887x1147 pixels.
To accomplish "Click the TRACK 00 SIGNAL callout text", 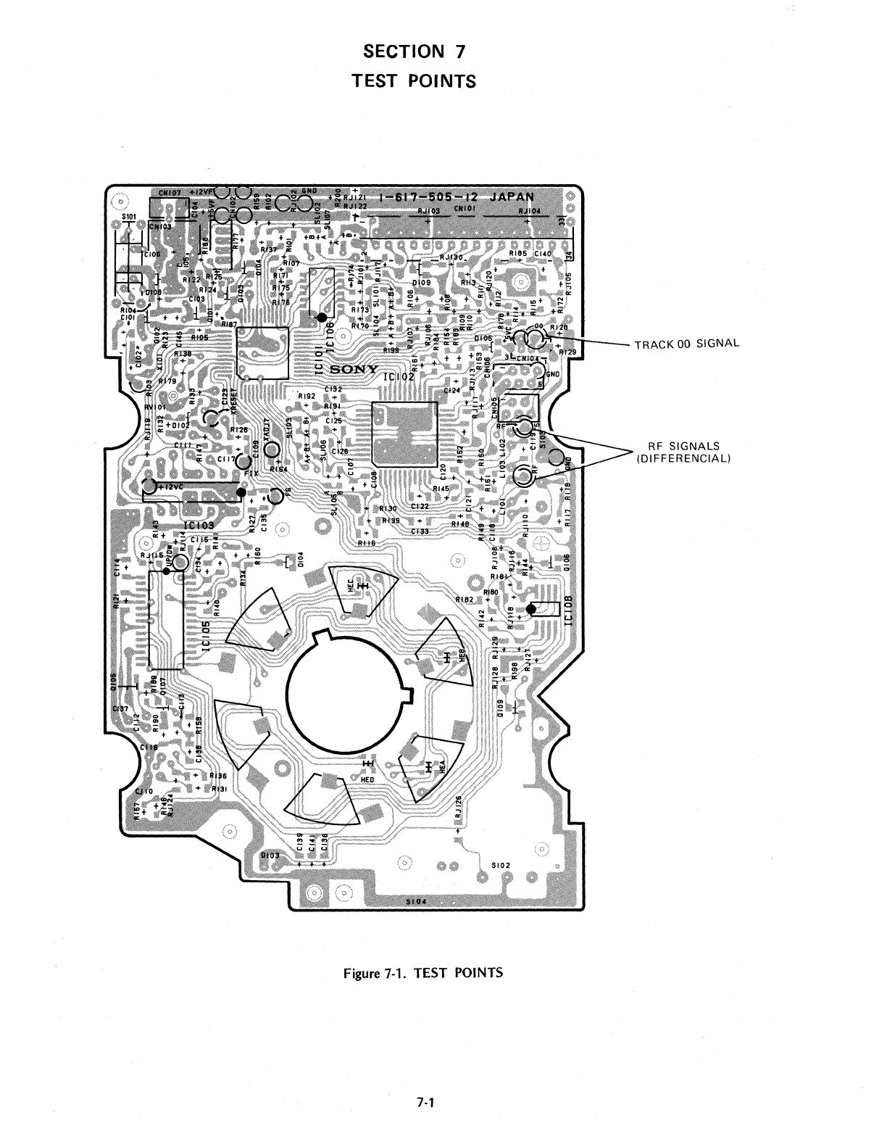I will [686, 343].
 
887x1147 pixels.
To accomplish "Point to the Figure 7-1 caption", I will [422, 972].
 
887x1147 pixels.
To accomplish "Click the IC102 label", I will [399, 376].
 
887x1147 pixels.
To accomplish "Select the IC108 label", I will [569, 609].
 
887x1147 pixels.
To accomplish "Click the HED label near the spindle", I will [368, 779].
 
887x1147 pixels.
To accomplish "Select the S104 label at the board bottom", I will [415, 902].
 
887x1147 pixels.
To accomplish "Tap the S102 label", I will [501, 865].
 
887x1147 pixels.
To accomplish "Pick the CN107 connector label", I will [170, 194].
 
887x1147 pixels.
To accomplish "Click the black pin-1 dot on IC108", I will [531, 609].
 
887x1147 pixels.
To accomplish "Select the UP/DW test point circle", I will [167, 571].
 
